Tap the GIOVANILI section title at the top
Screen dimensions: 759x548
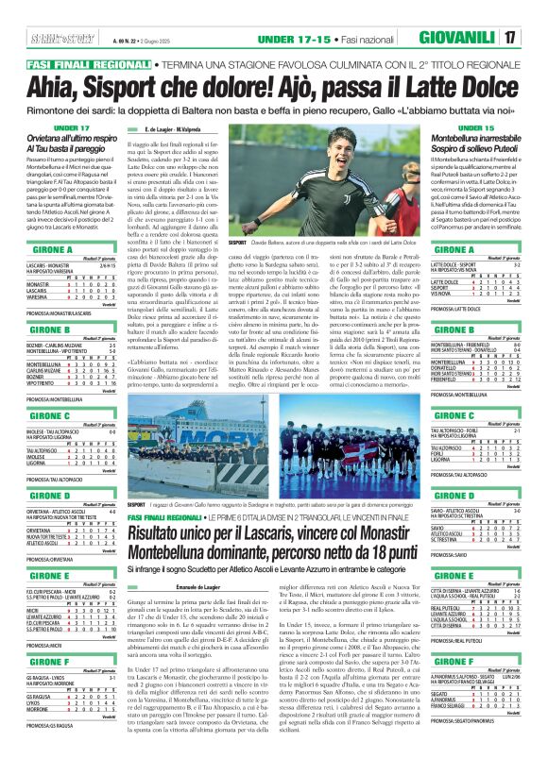click(x=478, y=37)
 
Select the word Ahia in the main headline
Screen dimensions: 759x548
click(x=37, y=82)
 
